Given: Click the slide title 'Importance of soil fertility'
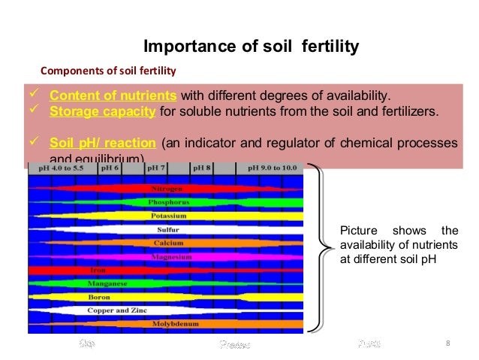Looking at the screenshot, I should [251, 47].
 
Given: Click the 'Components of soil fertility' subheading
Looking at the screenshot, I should [107, 72].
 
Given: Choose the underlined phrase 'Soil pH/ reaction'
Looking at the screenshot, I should [103, 143].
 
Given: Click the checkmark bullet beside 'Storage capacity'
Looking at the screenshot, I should [33, 111].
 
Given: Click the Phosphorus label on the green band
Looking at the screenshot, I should [168, 202].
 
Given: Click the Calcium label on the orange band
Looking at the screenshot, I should [168, 243].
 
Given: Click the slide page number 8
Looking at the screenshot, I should [447, 344].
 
